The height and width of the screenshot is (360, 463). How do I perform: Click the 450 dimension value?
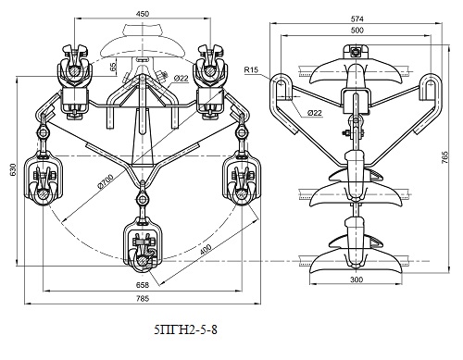click(143, 14)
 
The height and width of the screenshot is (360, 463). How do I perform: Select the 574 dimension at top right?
click(357, 19)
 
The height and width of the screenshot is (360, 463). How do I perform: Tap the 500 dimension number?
click(357, 31)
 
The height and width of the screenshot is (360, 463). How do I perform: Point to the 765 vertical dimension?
click(444, 157)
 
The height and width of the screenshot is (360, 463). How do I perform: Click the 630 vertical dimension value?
click(13, 170)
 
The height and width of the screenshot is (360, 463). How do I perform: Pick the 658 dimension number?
click(143, 285)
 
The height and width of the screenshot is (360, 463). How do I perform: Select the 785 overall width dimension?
click(143, 298)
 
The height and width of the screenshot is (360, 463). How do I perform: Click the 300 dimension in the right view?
click(357, 279)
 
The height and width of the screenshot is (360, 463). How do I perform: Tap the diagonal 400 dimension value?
click(205, 250)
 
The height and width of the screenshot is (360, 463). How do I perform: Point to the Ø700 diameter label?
click(106, 181)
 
